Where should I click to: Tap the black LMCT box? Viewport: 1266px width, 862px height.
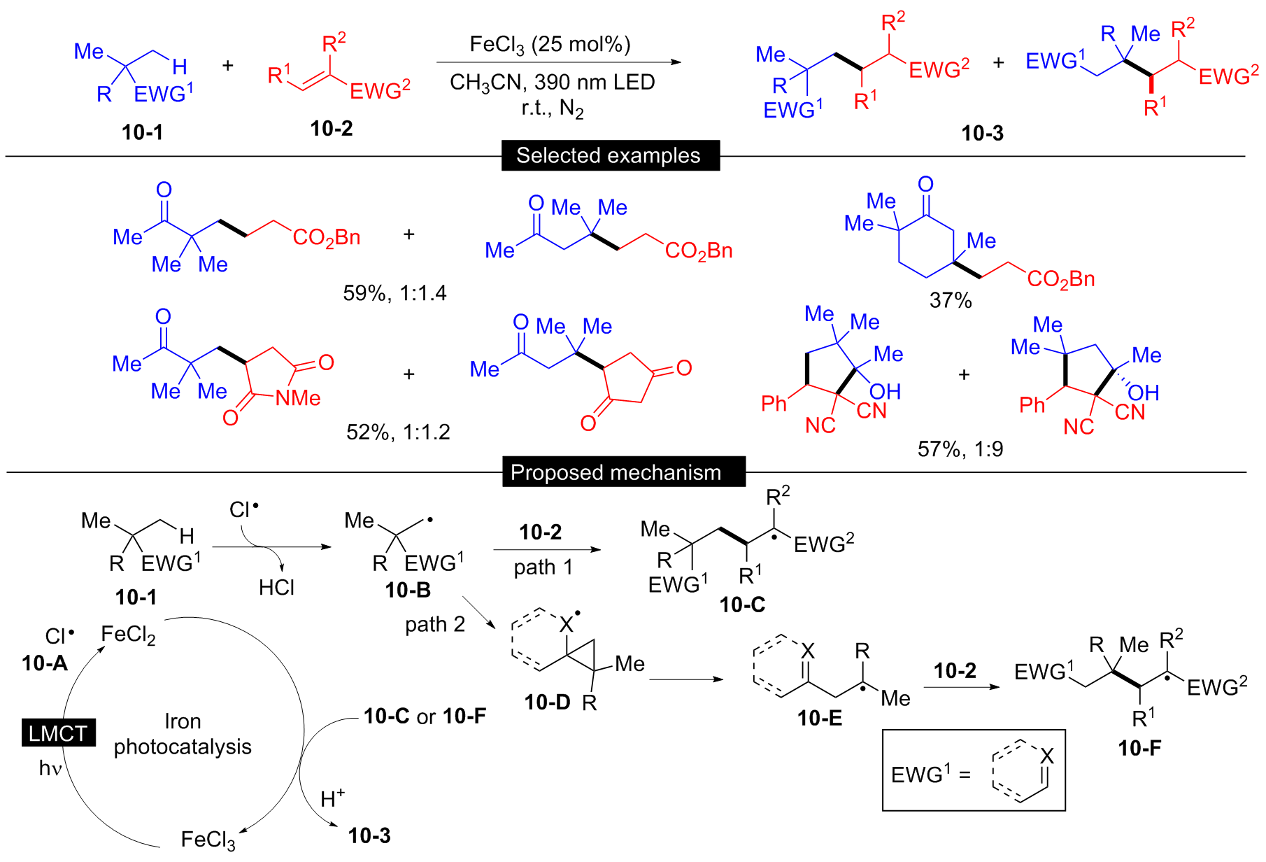(58, 733)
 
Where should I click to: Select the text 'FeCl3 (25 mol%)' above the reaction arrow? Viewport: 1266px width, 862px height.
(550, 45)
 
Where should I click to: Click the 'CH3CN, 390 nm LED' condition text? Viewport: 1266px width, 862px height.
(552, 83)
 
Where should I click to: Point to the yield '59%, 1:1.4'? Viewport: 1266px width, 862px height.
(394, 292)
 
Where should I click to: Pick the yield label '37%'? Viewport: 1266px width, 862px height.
(951, 300)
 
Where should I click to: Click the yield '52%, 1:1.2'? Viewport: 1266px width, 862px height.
(398, 432)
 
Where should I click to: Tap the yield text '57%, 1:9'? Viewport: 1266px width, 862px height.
(960, 448)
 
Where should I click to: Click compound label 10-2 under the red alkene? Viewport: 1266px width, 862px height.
(332, 129)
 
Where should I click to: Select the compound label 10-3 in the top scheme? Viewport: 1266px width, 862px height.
(982, 133)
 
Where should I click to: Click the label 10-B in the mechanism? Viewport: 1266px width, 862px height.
(408, 590)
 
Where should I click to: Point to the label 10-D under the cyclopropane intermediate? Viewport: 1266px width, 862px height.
(547, 702)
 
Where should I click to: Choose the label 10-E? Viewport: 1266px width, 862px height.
(820, 717)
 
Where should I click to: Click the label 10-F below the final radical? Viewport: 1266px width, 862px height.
(1139, 748)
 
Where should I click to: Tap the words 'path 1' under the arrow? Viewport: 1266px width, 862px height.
(543, 567)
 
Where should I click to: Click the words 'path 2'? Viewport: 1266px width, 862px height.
(435, 624)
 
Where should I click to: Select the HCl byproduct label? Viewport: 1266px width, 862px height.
(276, 587)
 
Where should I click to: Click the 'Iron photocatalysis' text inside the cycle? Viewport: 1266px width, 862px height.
(183, 734)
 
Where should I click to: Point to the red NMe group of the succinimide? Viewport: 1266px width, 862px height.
(298, 398)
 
